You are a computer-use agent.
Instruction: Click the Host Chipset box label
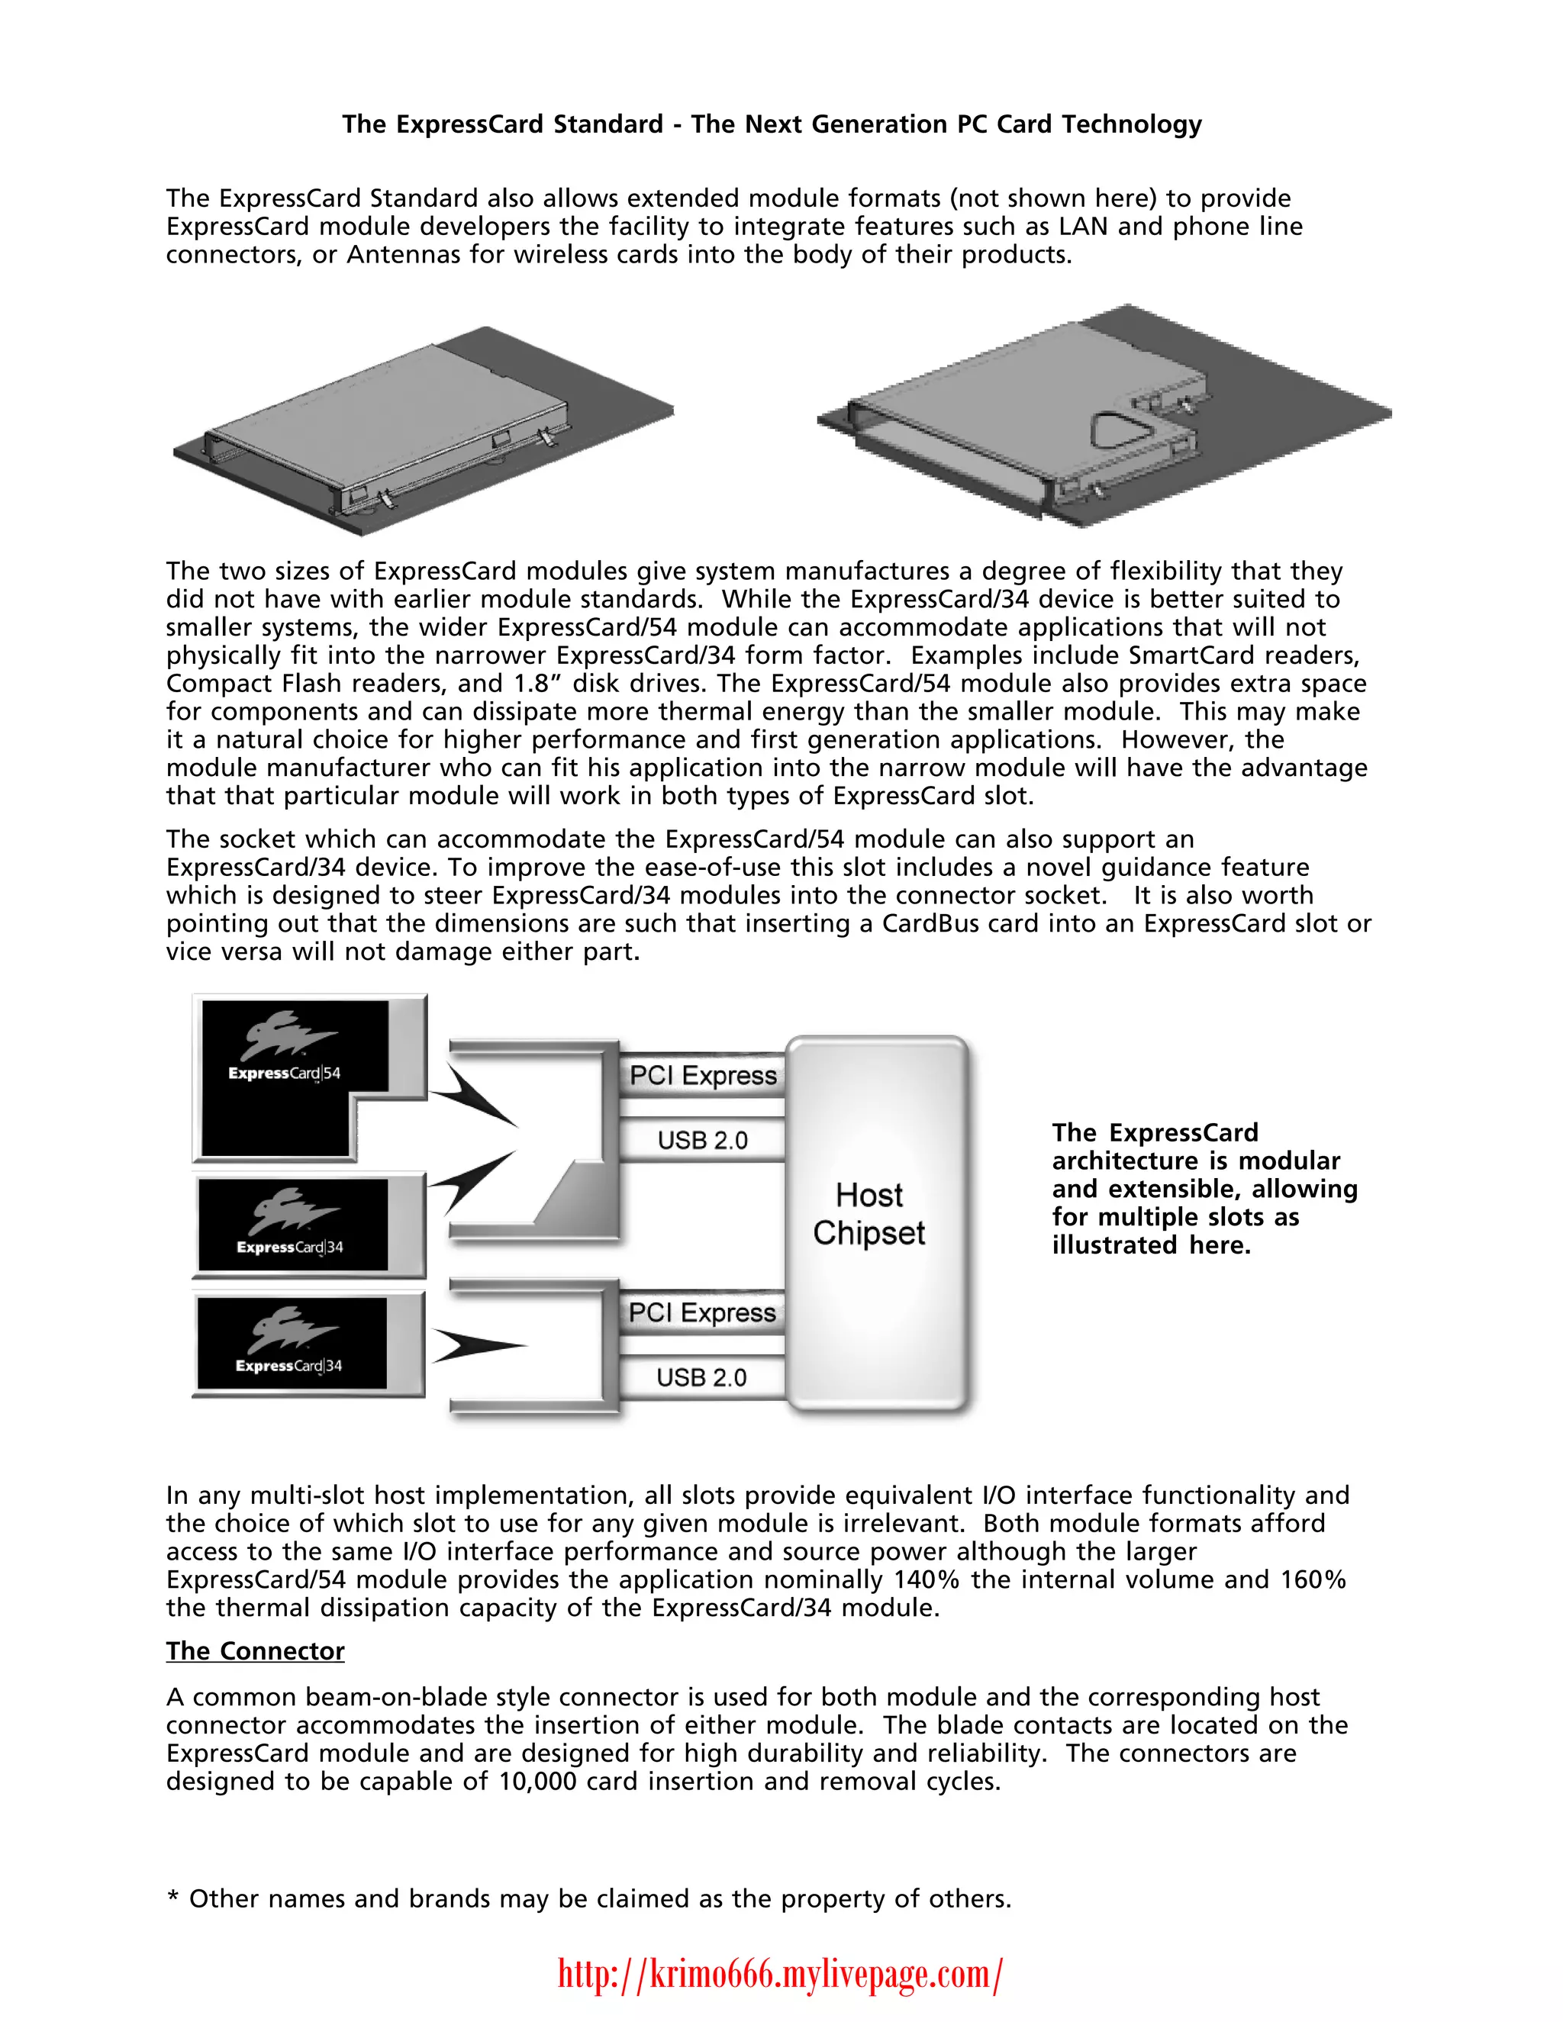point(869,1214)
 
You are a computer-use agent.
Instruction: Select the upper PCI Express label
point(703,1076)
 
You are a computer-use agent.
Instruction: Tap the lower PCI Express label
point(702,1313)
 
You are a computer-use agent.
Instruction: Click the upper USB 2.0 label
point(703,1141)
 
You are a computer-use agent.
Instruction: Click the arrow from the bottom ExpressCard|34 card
point(477,1346)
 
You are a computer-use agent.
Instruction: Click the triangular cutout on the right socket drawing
point(1119,428)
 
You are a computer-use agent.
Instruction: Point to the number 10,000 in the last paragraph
point(537,1782)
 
